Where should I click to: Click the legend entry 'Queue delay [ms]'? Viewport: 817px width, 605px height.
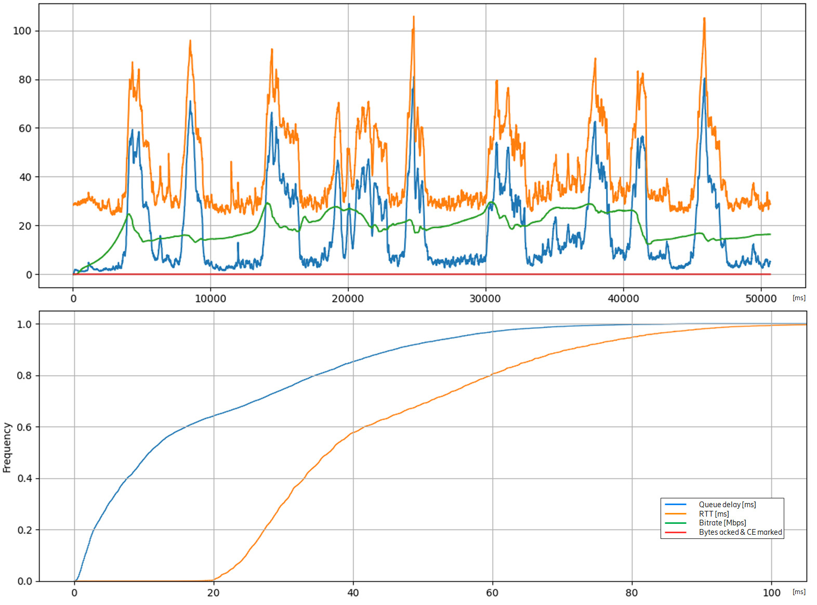pos(727,505)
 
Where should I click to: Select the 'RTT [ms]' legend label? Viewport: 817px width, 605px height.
pos(714,514)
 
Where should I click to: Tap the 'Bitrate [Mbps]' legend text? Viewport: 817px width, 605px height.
pos(722,523)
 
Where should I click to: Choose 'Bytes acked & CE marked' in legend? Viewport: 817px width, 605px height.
pos(740,532)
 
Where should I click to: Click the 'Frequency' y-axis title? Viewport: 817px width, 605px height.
pos(7,447)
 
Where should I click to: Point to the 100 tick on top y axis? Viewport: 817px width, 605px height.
pos(22,31)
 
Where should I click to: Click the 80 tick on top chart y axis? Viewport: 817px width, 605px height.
pos(25,80)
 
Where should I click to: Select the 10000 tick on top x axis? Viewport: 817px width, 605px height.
pos(210,299)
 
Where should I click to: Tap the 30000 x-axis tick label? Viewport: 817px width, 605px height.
pos(485,299)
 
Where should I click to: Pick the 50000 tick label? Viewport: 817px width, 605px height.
pos(761,299)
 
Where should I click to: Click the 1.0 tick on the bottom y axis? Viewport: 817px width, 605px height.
pos(24,324)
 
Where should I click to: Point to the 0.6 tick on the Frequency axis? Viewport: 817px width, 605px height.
pos(24,427)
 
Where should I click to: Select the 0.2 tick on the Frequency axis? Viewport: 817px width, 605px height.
pos(24,530)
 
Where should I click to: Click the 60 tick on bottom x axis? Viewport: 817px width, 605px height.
pos(492,593)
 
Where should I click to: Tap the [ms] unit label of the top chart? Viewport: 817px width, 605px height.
pos(799,298)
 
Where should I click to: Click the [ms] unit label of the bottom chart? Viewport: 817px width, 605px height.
pos(799,592)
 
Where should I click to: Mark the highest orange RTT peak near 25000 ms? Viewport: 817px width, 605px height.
pos(414,17)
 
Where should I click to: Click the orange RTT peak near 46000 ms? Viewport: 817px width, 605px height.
pos(704,18)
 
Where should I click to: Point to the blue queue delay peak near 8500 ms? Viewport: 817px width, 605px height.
pos(190,101)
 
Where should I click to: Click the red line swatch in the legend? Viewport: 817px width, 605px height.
pos(676,532)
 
